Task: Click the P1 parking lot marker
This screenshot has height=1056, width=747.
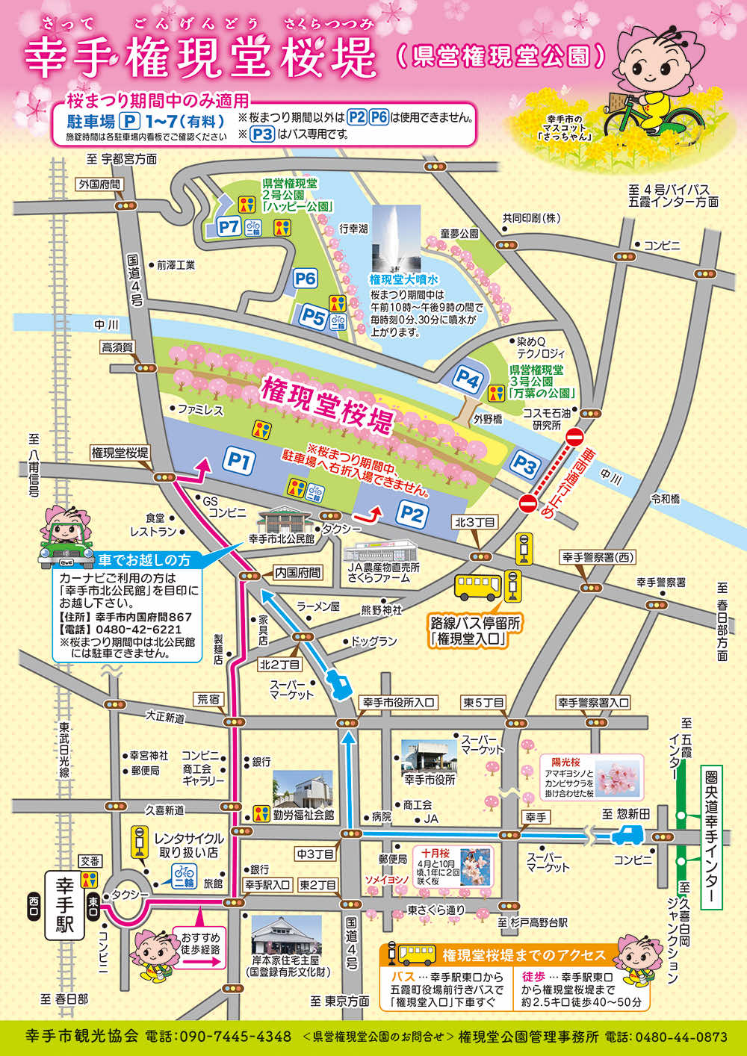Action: tap(238, 461)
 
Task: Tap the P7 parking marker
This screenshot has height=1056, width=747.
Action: tap(228, 226)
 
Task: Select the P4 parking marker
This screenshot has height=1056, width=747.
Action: tap(468, 379)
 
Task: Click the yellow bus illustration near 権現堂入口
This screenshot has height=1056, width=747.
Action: tap(478, 587)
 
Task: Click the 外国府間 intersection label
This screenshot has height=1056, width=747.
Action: tap(99, 184)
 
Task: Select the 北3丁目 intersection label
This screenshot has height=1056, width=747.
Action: tap(475, 522)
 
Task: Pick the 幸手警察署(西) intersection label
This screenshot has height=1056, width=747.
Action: tap(598, 557)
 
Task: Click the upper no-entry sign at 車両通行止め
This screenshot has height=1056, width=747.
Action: tap(574, 438)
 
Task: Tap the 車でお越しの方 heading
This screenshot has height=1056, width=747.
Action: tap(143, 559)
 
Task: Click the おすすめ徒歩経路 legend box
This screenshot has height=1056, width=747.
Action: tap(200, 948)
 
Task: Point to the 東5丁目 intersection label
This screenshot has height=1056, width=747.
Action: tap(483, 703)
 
